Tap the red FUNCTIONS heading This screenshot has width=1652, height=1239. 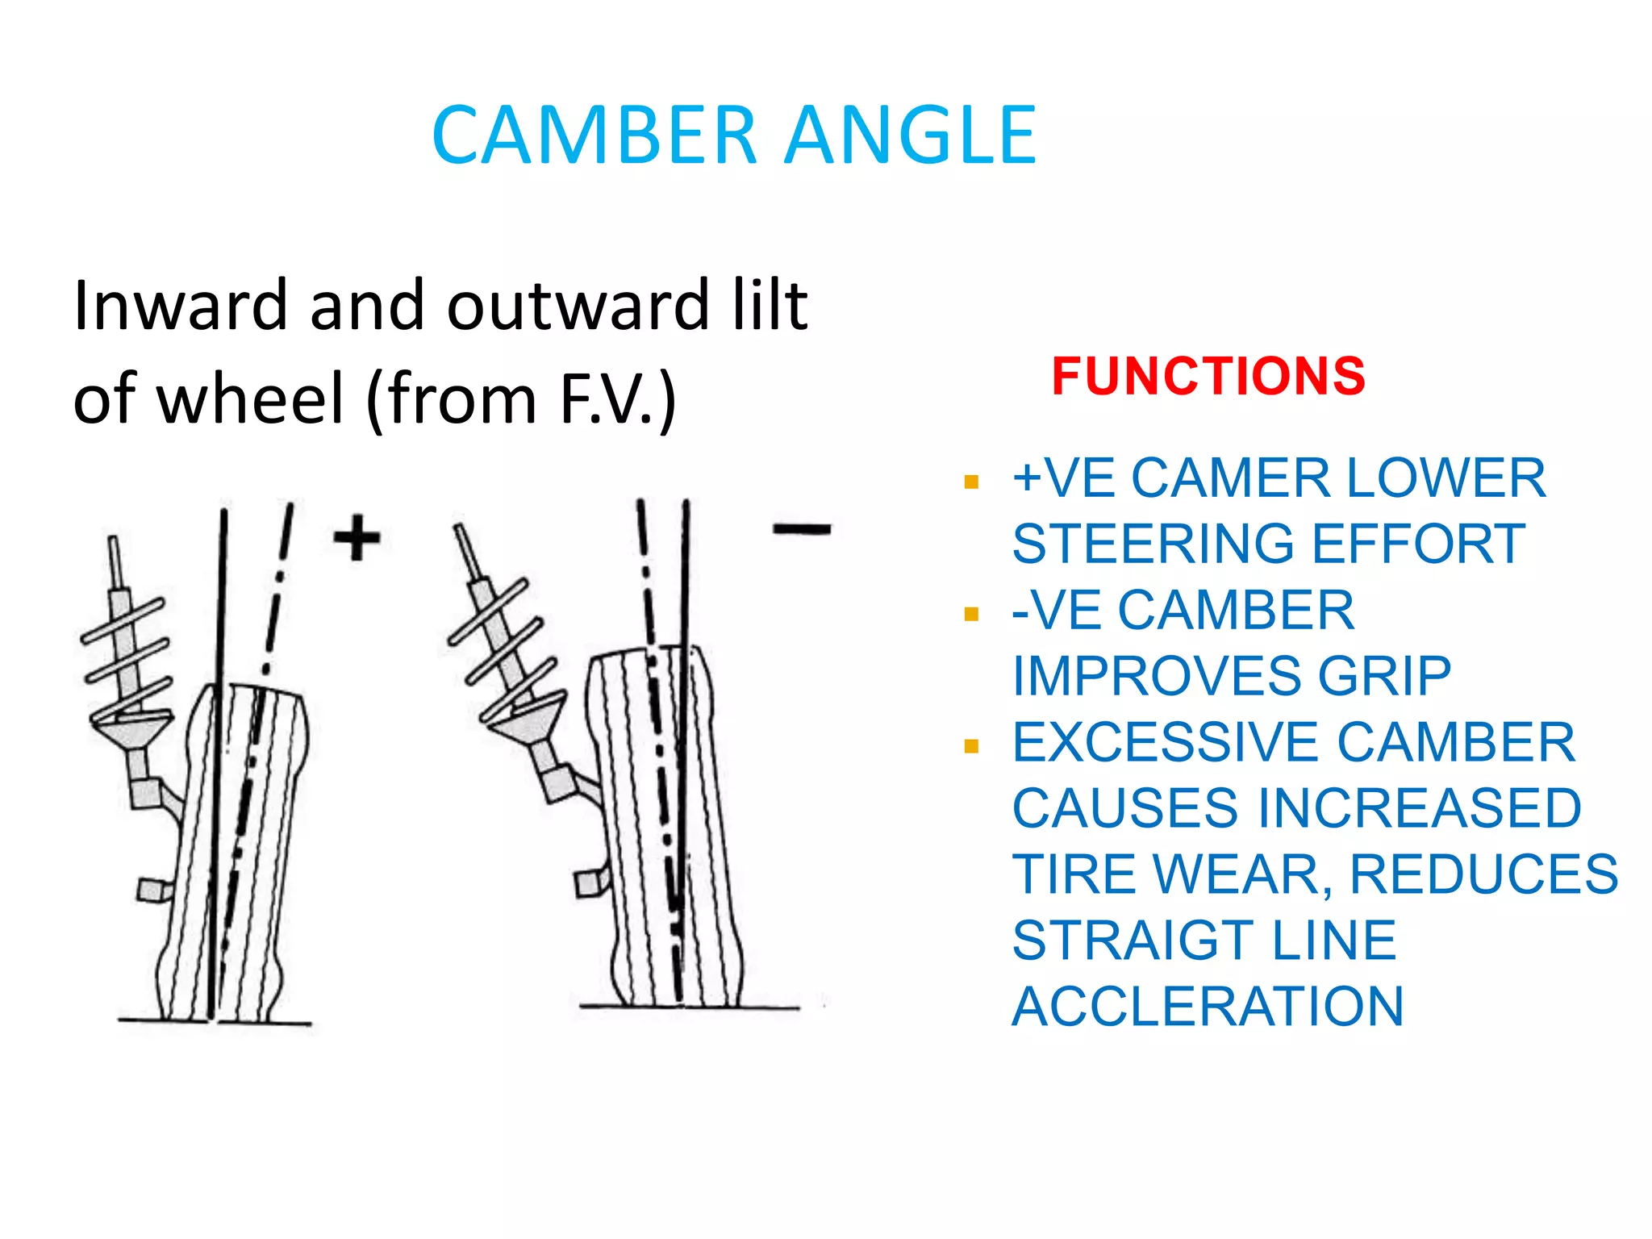point(1208,376)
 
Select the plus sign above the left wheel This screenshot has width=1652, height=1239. point(357,537)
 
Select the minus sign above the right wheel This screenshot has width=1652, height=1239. point(802,530)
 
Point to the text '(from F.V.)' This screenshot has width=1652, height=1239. point(521,398)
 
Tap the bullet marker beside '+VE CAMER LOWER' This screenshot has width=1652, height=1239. point(971,482)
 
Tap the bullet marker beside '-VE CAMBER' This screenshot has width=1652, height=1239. point(971,615)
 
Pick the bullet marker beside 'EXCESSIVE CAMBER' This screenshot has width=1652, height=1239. point(971,746)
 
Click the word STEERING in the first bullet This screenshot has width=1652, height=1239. point(1154,544)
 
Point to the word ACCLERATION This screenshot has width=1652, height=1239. point(1208,1007)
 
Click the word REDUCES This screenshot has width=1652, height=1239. point(1483,874)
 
